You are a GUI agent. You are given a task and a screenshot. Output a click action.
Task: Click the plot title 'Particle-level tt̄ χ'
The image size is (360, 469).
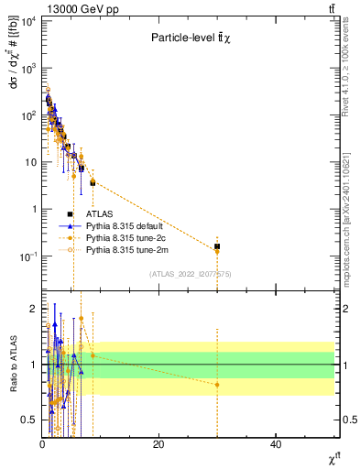[196, 38]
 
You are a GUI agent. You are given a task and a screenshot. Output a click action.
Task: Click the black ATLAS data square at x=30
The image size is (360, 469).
[217, 246]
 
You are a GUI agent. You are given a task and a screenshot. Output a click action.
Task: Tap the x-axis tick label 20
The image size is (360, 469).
[158, 444]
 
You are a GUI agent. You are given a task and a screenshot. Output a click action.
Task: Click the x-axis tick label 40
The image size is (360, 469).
[276, 444]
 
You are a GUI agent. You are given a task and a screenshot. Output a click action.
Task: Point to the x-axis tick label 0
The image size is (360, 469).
[42, 444]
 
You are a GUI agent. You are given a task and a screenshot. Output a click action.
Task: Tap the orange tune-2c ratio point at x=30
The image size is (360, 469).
[217, 385]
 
